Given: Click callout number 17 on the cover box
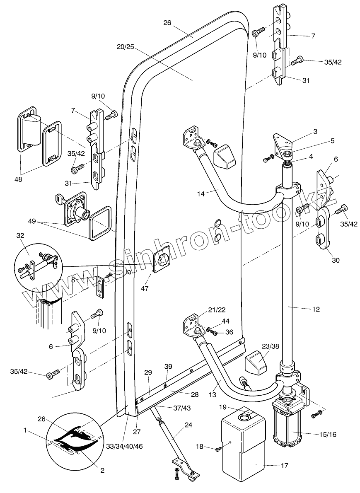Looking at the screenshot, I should pos(285,466).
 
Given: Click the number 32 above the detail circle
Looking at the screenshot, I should pos(21,235).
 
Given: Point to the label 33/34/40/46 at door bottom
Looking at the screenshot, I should pos(125,446).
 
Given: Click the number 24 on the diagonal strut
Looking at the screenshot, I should pos(188,425).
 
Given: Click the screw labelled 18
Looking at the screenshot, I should pos(217,448).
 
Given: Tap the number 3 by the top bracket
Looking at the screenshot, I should pos(315,132).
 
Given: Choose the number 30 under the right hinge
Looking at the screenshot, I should pos(336,260).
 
